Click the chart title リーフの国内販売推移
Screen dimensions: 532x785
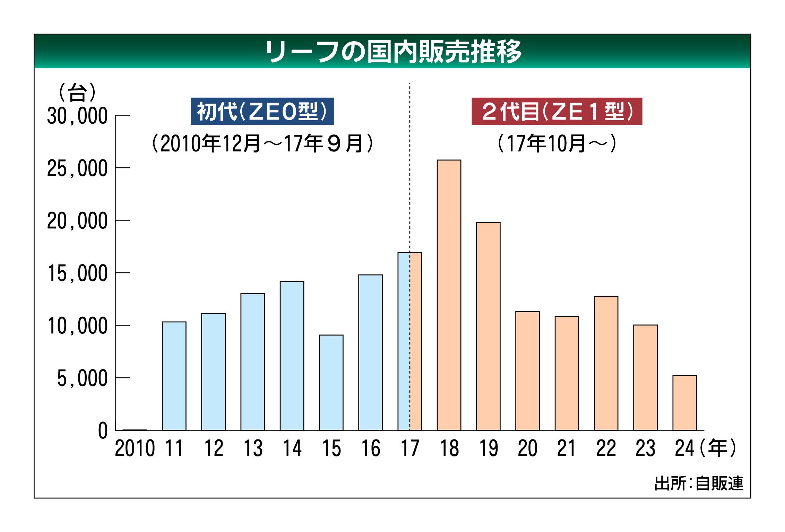(393, 52)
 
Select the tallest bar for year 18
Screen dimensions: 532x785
(449, 295)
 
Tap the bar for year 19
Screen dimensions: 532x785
(488, 326)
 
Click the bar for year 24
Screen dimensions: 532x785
(684, 402)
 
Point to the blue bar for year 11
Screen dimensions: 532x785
(174, 376)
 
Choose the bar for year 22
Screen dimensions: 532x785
(606, 363)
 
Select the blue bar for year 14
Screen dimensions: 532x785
(292, 356)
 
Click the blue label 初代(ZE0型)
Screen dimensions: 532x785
(262, 111)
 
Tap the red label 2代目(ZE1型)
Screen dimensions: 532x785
(557, 111)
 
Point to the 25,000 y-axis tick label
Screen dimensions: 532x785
(77, 169)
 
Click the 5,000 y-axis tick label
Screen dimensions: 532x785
(82, 378)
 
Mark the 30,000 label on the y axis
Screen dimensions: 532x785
(77, 116)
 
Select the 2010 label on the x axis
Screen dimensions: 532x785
(135, 448)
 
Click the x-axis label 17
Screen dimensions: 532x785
(410, 448)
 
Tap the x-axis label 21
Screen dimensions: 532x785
(567, 448)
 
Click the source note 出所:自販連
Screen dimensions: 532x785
(699, 483)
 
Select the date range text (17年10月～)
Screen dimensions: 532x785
(557, 143)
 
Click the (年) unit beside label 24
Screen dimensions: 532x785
(717, 448)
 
